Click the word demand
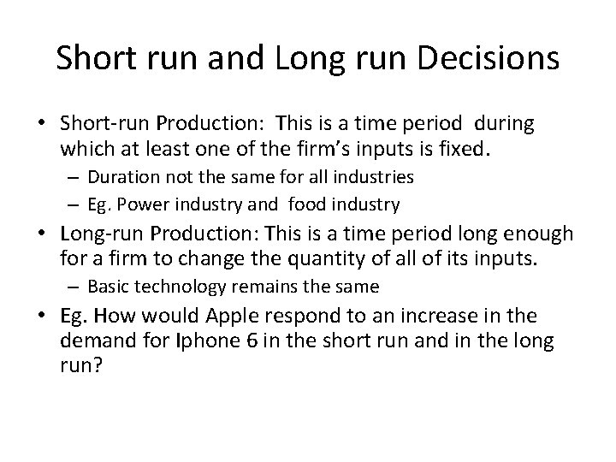click(x=97, y=342)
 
